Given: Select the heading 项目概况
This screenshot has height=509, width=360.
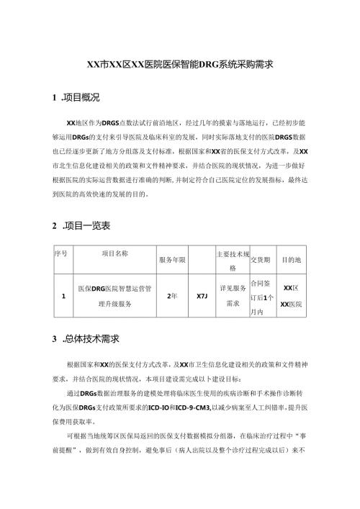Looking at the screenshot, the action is point(82,97).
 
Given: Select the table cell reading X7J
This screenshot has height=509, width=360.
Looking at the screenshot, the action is point(202,296).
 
